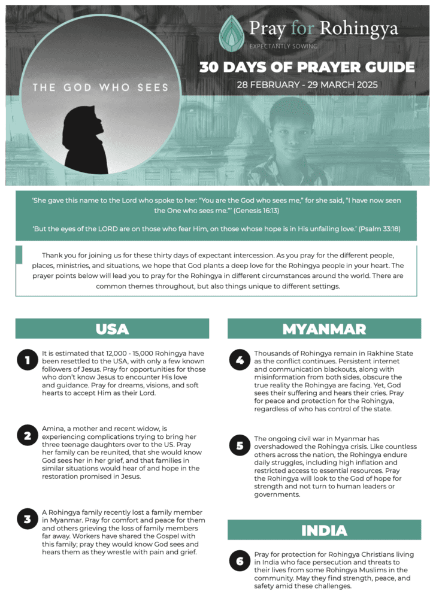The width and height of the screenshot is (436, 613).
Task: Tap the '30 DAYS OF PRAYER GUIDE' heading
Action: point(307,66)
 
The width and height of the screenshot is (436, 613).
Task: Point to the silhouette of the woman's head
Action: point(84,123)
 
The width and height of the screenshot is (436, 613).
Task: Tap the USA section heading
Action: point(112,329)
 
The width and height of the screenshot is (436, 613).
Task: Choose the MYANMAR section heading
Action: point(324,329)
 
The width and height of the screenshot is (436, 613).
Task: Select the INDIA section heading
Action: point(324,530)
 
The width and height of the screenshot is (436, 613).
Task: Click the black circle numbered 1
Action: point(28,360)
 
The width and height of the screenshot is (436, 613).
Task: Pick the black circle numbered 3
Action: point(28,519)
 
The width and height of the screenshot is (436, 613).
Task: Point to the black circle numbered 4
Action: point(240,360)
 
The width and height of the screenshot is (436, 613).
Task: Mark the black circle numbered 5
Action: point(240,445)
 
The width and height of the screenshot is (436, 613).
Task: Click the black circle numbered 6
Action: point(240,561)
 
